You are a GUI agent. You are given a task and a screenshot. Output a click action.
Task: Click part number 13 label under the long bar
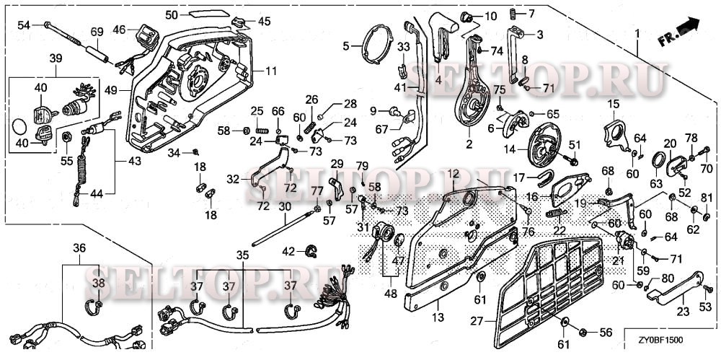pyautogui.click(x=438, y=317)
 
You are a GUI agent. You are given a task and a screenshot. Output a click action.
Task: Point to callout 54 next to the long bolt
pyautogui.click(x=24, y=25)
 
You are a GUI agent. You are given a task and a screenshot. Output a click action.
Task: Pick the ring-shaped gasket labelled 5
pyautogui.click(x=376, y=45)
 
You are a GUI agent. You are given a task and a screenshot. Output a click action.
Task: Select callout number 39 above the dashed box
pyautogui.click(x=56, y=58)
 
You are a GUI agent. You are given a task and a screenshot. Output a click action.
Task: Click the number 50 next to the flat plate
pyautogui.click(x=172, y=15)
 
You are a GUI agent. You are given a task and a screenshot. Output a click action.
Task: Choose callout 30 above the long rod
pyautogui.click(x=285, y=207)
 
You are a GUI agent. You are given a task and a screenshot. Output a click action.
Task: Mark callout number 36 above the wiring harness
pyautogui.click(x=79, y=247)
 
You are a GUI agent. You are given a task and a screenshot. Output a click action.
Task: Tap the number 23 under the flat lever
pyautogui.click(x=683, y=312)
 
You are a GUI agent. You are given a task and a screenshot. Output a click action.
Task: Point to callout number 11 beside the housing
pyautogui.click(x=271, y=71)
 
